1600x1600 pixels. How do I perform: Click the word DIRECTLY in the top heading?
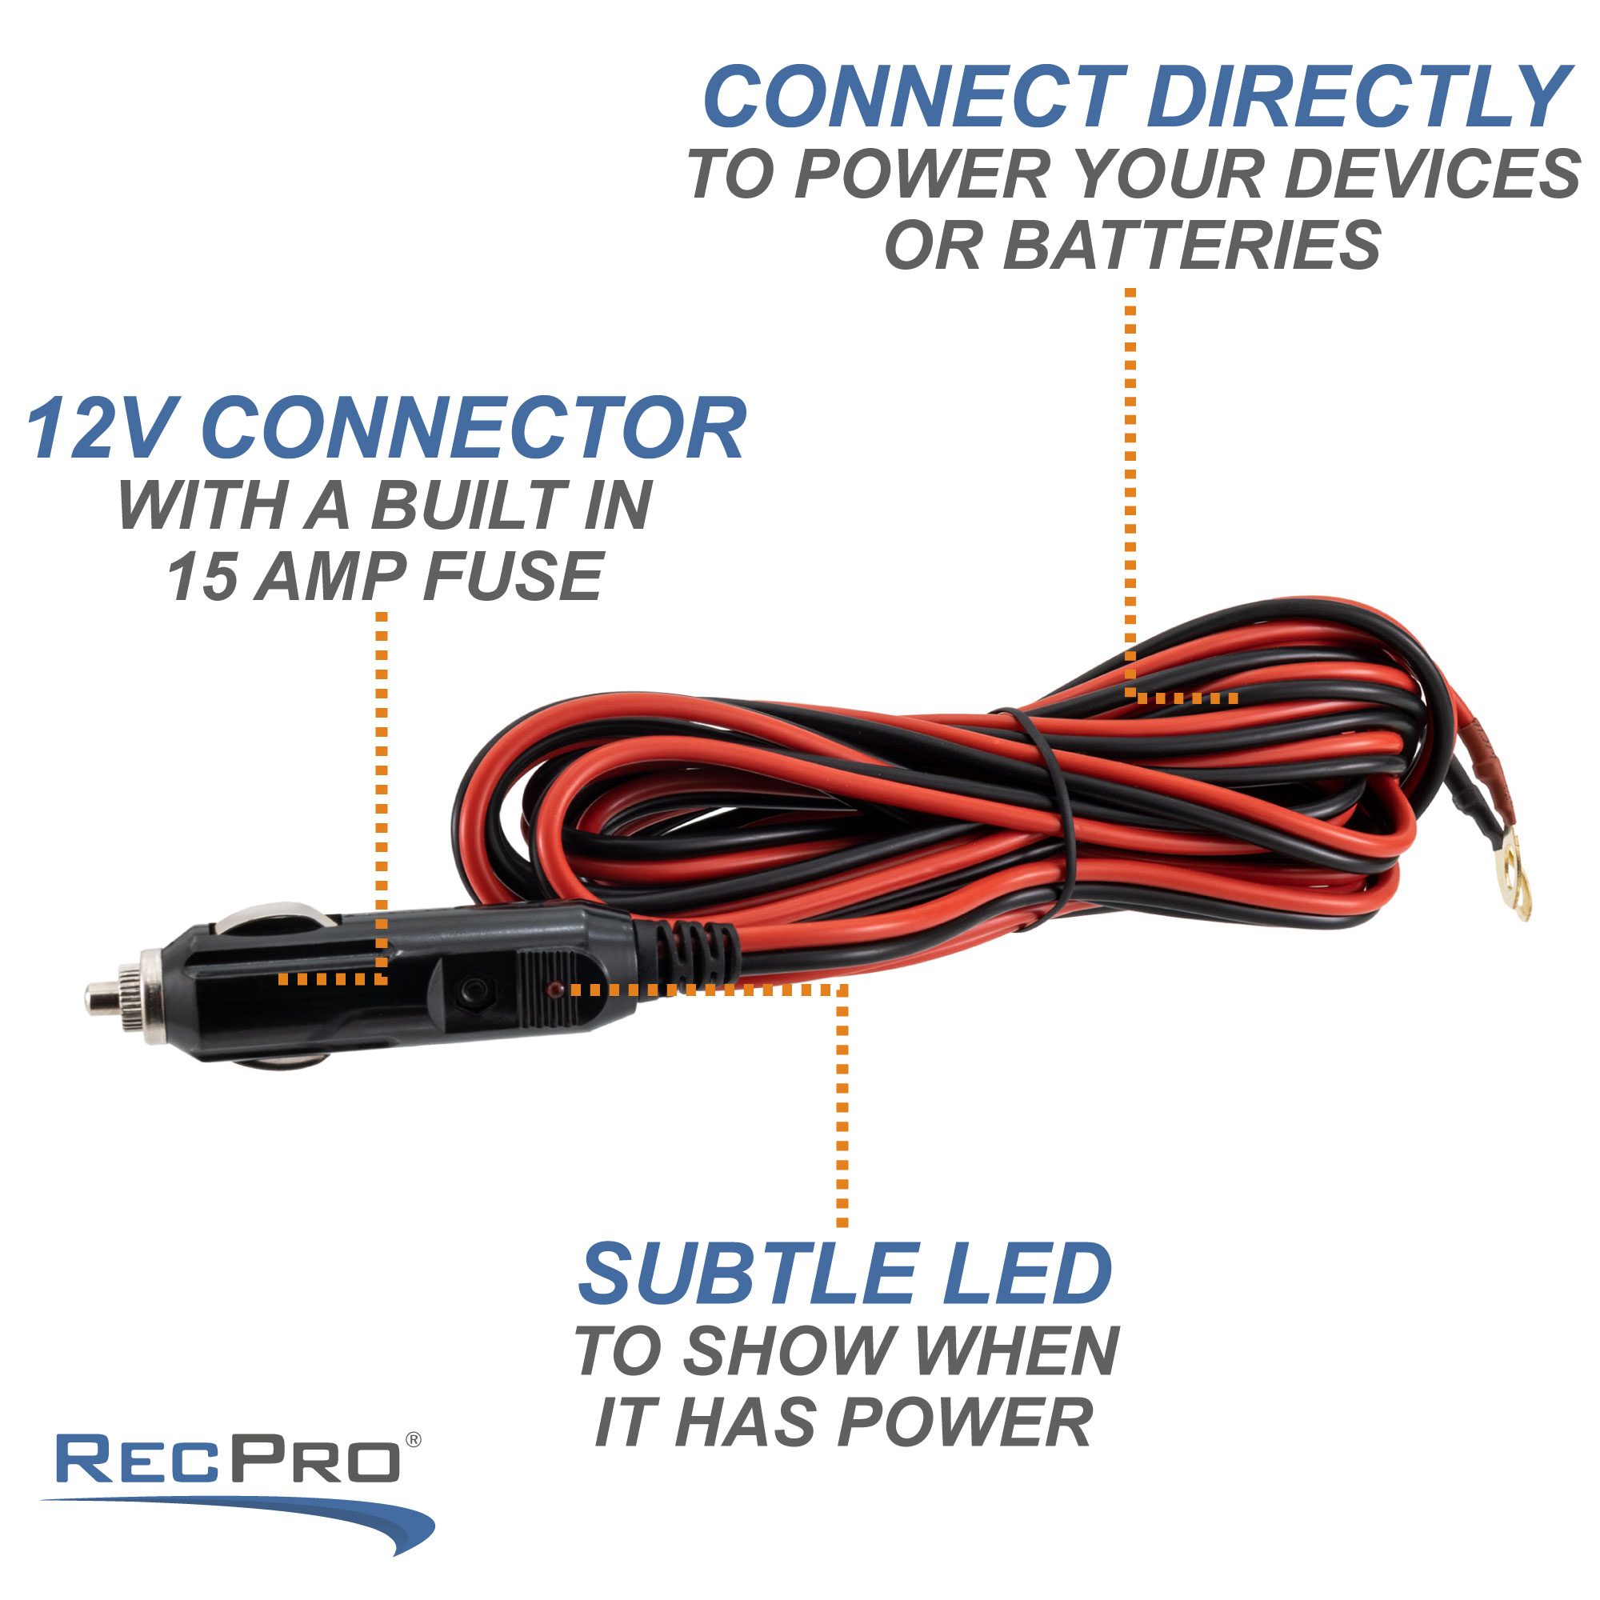click(x=1358, y=98)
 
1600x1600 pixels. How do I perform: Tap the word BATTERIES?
click(x=1192, y=246)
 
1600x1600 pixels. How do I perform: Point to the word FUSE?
click(x=513, y=578)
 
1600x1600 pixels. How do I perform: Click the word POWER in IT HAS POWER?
click(x=966, y=1422)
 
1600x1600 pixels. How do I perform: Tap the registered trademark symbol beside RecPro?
click(x=414, y=1440)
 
